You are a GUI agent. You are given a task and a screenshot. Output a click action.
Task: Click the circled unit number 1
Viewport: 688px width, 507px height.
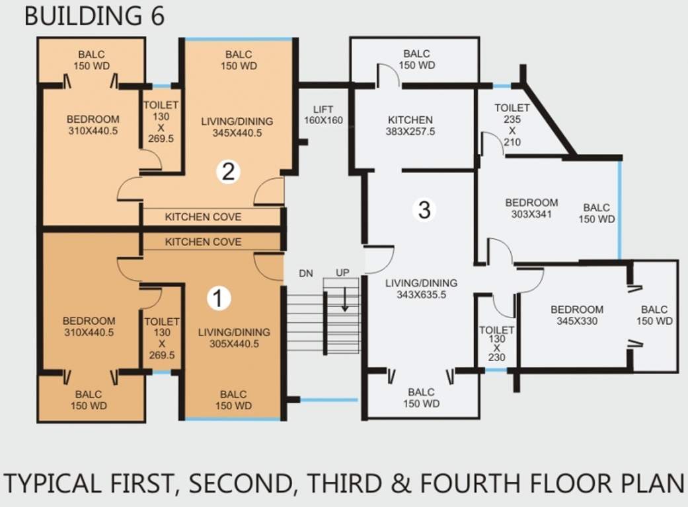click(x=219, y=298)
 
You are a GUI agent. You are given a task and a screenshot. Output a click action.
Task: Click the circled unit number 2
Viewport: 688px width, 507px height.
click(x=228, y=172)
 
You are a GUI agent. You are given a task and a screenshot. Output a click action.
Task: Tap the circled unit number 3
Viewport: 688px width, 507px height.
click(x=424, y=209)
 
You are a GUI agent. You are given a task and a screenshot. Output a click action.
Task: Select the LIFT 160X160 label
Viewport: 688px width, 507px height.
click(x=323, y=114)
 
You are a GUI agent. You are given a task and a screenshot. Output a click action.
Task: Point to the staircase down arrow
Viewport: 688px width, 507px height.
click(x=345, y=299)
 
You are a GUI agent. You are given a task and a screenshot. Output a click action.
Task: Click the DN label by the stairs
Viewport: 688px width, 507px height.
click(x=306, y=273)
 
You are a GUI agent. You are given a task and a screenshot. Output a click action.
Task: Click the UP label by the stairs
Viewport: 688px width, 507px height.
click(x=343, y=273)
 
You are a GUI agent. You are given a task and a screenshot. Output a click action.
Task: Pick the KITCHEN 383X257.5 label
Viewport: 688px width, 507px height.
click(x=410, y=125)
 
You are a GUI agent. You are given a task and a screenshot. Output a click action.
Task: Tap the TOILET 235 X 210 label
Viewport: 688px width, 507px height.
click(x=512, y=125)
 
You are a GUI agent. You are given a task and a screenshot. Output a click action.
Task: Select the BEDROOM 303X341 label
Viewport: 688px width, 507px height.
click(x=531, y=208)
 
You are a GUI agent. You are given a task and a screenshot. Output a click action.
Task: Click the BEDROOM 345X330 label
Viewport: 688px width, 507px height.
click(x=577, y=315)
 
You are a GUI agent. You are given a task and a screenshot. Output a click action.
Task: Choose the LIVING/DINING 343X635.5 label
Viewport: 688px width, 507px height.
click(x=421, y=288)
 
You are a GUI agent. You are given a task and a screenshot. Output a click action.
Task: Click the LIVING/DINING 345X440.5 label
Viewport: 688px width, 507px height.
click(x=237, y=127)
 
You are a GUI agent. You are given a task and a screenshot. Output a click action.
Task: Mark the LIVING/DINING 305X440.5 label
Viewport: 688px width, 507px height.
click(x=234, y=338)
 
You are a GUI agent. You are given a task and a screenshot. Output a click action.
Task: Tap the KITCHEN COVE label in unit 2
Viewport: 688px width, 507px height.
click(x=203, y=217)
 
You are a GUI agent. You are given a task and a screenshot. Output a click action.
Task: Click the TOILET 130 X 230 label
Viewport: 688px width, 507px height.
click(x=497, y=343)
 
